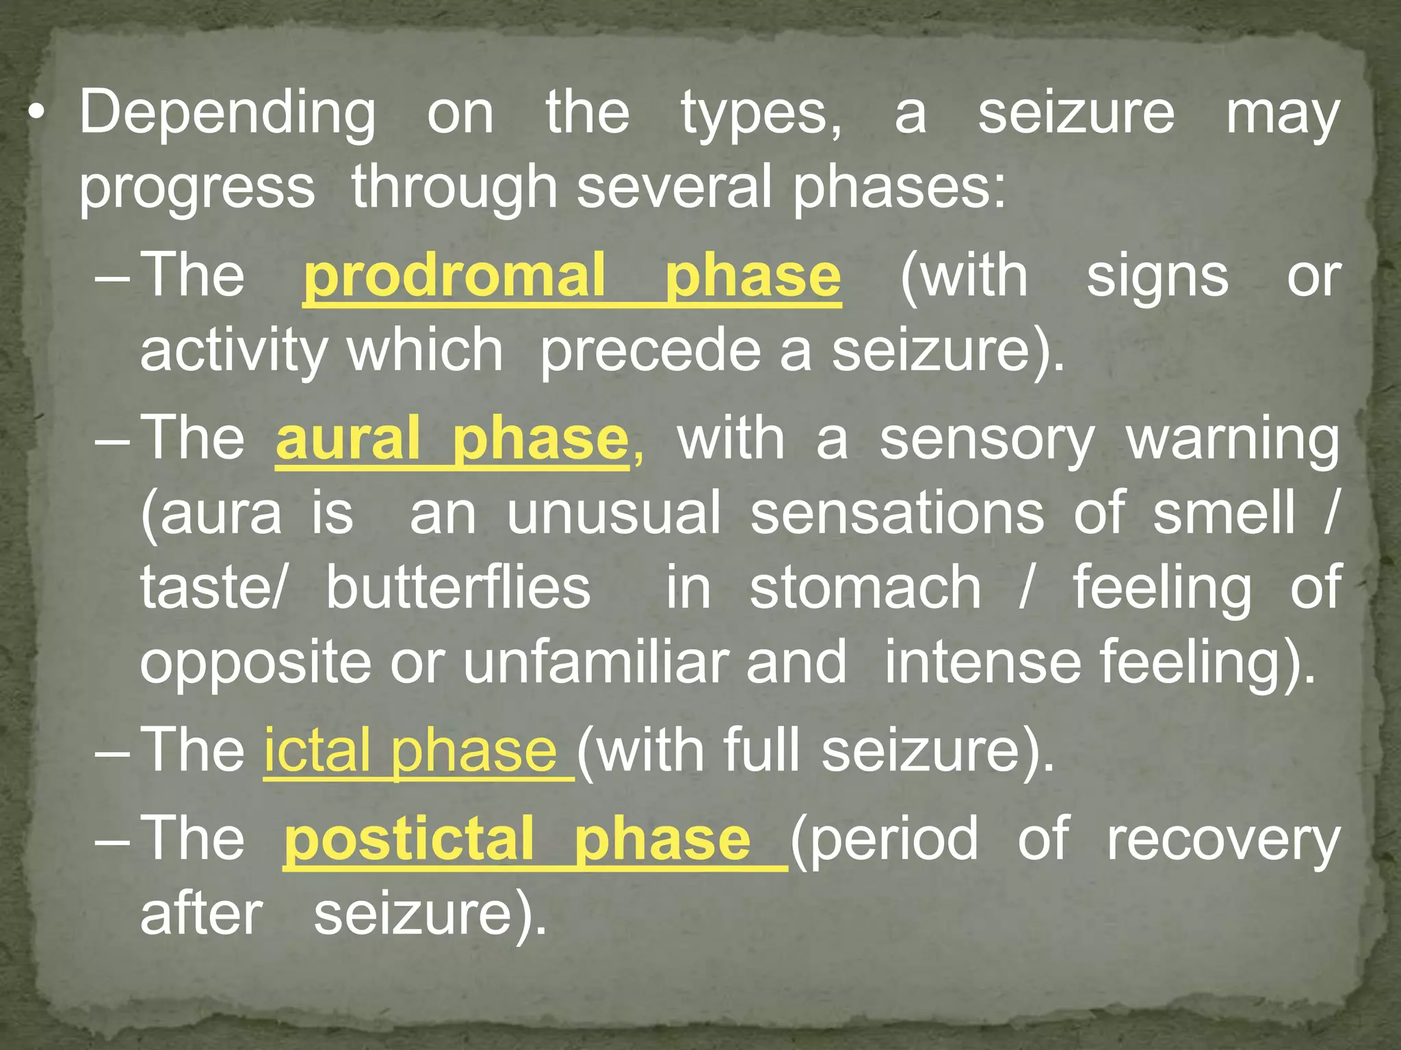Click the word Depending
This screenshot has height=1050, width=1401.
point(227,113)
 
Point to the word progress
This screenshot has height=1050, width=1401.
point(197,189)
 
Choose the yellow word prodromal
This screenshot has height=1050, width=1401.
point(455,276)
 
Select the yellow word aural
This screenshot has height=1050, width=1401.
point(348,440)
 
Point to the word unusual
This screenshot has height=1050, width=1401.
point(614,513)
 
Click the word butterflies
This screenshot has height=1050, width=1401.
point(458,588)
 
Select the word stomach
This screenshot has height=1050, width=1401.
point(865,588)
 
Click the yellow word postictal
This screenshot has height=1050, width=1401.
point(409,839)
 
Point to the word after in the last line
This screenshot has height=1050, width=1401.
point(201,915)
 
